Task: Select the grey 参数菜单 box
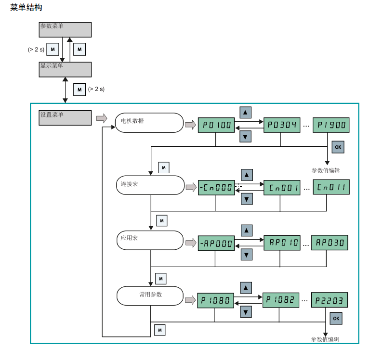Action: tap(65, 29)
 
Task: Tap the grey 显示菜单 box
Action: tap(65, 69)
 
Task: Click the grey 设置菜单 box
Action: tap(65, 118)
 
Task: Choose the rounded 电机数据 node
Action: tap(149, 122)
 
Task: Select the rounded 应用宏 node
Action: tap(149, 240)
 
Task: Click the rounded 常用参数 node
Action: tap(150, 296)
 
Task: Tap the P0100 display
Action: tap(216, 125)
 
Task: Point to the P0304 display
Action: tap(281, 125)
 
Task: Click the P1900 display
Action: tap(330, 125)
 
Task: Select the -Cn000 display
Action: tap(216, 187)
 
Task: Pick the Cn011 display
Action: tap(330, 187)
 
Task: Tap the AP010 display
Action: tap(281, 243)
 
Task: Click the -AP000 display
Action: tap(216, 244)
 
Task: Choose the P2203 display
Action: tap(330, 300)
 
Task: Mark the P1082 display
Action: tap(281, 299)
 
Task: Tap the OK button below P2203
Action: tap(336, 318)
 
